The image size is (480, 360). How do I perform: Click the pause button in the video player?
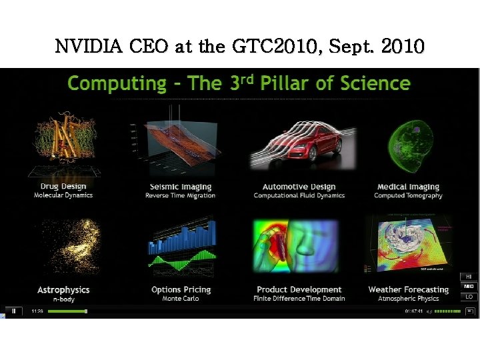[x=13, y=311]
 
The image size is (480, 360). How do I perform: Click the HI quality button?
[x=469, y=277]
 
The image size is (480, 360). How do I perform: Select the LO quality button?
[x=469, y=297]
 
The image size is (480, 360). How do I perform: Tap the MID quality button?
[x=469, y=287]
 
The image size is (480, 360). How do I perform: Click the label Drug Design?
[x=63, y=187]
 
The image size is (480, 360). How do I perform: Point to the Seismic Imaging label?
[x=181, y=187]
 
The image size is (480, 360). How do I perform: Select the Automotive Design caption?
[x=299, y=187]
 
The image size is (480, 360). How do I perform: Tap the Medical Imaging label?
[x=408, y=187]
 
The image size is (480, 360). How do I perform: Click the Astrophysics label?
[x=63, y=290]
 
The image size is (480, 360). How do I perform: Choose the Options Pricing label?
[x=181, y=290]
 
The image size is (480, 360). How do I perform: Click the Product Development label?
[x=299, y=290]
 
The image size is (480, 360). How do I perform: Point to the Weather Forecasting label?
[x=408, y=290]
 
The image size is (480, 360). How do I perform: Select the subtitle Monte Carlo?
[x=181, y=299]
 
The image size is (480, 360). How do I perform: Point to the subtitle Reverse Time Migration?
[x=181, y=195]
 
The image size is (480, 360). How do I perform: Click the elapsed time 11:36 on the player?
[x=37, y=311]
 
